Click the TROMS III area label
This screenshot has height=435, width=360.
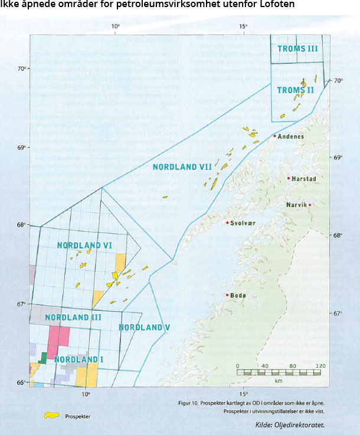coord(299,49)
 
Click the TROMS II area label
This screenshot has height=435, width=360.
coord(295,90)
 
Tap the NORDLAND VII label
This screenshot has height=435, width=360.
coord(182,167)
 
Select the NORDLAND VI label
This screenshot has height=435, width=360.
coord(84,245)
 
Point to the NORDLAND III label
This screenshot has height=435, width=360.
coord(73,318)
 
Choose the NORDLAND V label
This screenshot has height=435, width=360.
coord(144,327)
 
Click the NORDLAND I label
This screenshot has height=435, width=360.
coord(79,359)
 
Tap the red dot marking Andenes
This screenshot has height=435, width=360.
coord(275,136)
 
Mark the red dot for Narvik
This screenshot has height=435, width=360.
coord(310,205)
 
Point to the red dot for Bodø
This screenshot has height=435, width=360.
coord(227,295)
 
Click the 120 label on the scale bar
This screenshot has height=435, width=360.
coord(320,366)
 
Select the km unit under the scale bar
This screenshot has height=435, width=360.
coord(278,381)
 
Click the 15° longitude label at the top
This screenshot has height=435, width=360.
coord(243,27)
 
